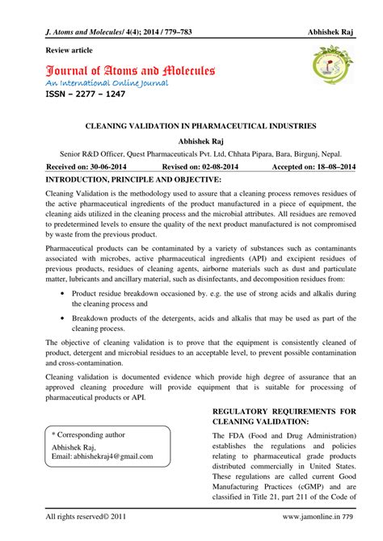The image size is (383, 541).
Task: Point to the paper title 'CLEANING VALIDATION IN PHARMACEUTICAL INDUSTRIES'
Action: [191, 127]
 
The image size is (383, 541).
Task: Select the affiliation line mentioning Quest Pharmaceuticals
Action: [191, 152]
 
